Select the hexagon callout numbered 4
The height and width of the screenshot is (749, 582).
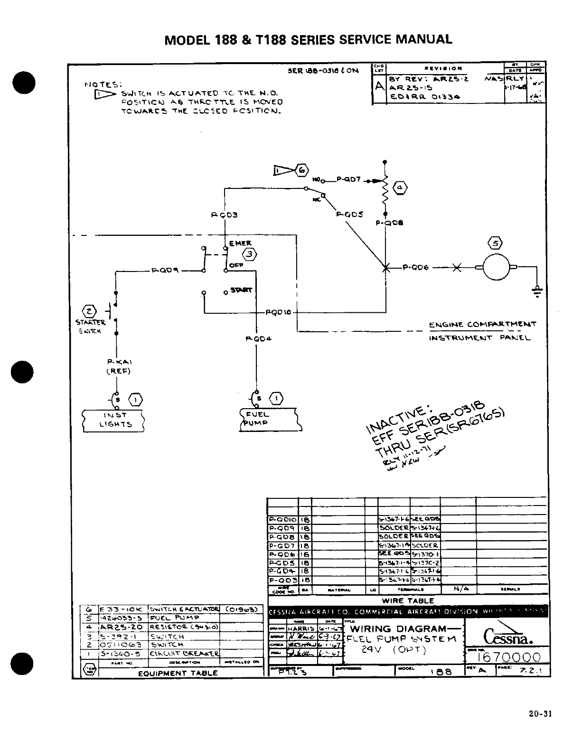point(400,187)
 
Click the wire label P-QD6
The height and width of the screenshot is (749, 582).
point(416,268)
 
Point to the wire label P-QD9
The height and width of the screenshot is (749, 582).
point(165,271)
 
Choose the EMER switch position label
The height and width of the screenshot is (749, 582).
point(240,243)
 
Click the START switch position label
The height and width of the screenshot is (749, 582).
point(241,290)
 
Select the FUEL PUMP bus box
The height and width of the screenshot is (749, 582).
point(270,419)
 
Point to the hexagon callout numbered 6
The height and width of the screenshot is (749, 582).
point(302,170)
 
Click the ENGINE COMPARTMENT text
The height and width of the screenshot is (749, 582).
point(482,325)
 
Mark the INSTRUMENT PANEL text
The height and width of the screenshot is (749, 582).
point(479,338)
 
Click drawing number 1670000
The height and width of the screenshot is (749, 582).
point(508,657)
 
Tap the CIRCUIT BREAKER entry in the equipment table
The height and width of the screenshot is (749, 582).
point(184,653)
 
